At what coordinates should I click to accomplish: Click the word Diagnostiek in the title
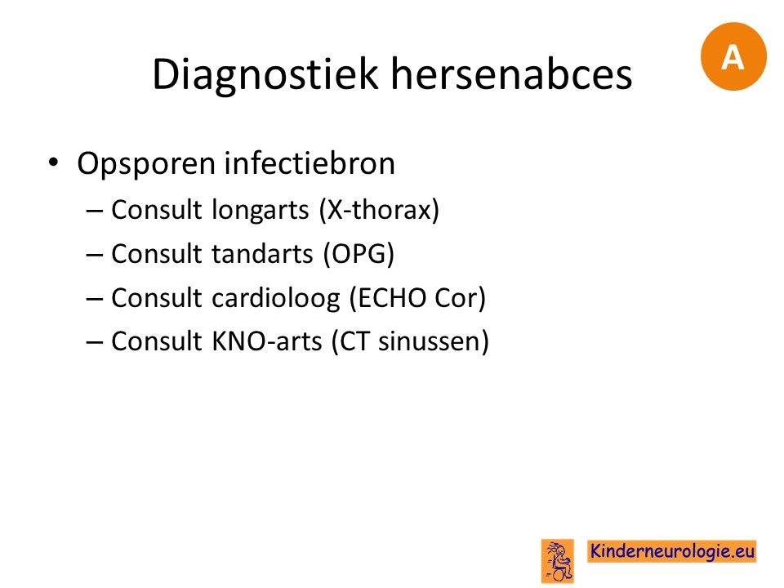click(x=265, y=75)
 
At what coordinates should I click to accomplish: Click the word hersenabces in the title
click(x=511, y=73)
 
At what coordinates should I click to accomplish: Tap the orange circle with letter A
click(x=733, y=56)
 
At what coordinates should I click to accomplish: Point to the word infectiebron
click(x=310, y=163)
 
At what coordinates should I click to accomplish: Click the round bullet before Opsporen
click(x=53, y=163)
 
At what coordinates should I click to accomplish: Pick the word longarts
click(x=260, y=211)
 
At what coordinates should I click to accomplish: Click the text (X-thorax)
click(x=380, y=210)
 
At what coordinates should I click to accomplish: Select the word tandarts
click(x=262, y=253)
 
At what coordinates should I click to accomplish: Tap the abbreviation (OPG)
click(x=359, y=254)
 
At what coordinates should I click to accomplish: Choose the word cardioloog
click(x=276, y=299)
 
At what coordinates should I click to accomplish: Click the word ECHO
click(x=387, y=298)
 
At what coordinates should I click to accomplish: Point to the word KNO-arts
click(x=266, y=341)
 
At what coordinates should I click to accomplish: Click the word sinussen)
click(x=434, y=342)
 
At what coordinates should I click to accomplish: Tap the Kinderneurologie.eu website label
click(x=672, y=551)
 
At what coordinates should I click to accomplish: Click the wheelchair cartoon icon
click(x=558, y=561)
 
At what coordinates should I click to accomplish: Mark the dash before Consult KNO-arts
click(x=95, y=343)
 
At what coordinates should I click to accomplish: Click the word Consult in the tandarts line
click(x=157, y=253)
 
